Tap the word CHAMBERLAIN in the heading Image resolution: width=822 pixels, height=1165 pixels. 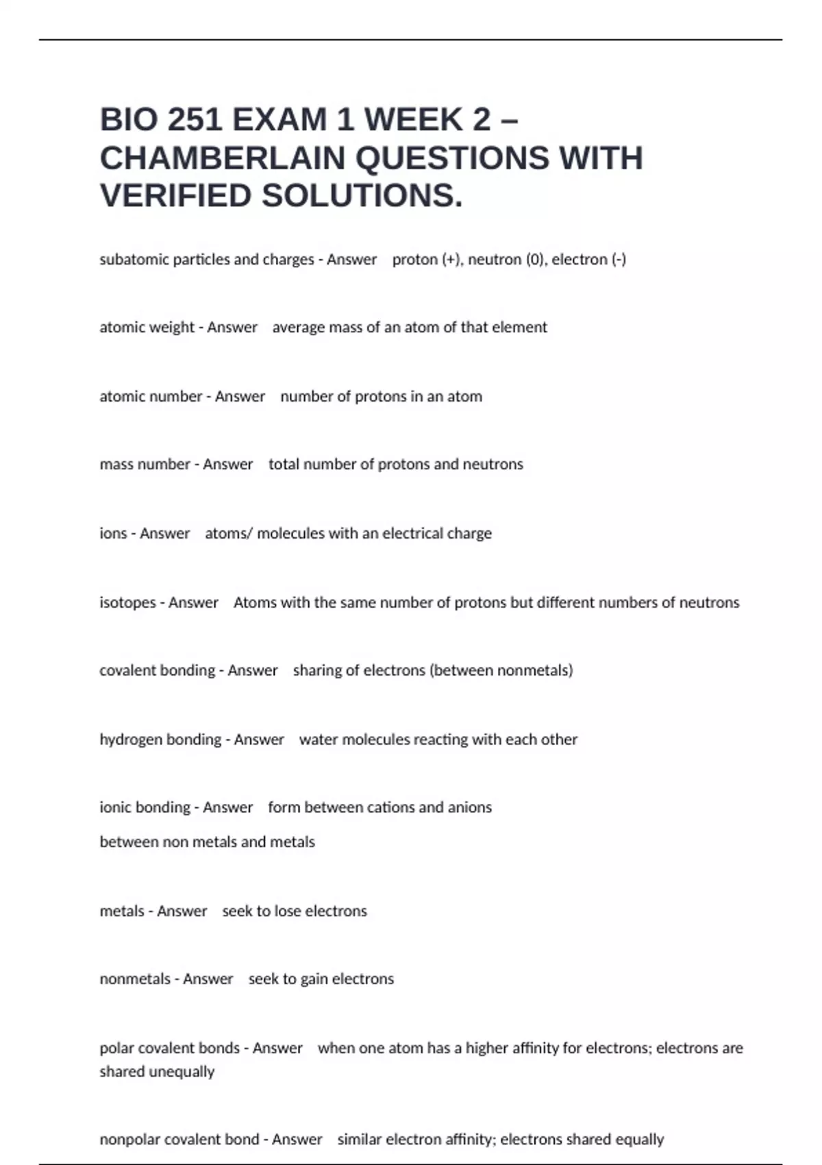tap(223, 158)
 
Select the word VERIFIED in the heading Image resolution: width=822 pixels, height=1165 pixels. tap(176, 196)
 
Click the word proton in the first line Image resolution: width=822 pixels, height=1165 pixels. tap(414, 260)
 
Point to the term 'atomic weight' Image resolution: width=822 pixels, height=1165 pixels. tap(147, 328)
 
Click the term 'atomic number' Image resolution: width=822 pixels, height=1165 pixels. tap(151, 397)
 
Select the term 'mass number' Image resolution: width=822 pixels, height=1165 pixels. tap(145, 465)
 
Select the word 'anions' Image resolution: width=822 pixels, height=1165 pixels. tap(469, 808)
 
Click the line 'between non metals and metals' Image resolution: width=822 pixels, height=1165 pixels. tap(207, 842)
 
